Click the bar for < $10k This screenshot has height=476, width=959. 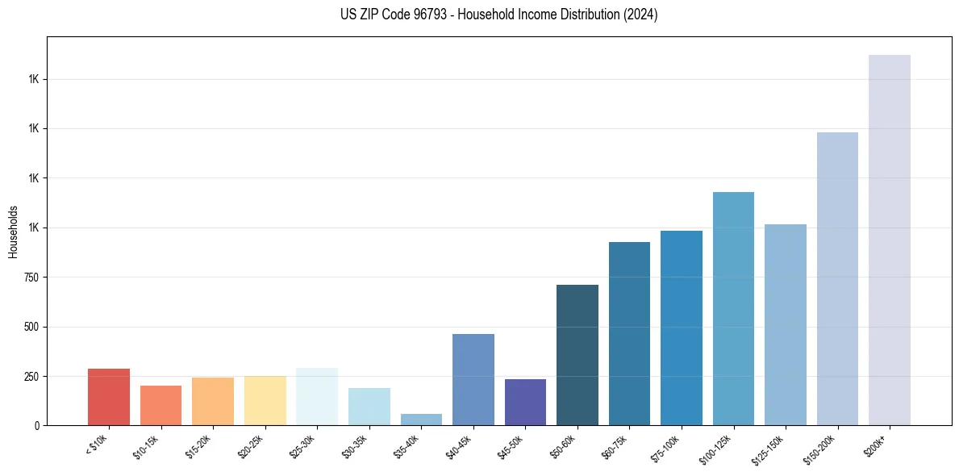click(109, 397)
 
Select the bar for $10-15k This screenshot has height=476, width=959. click(161, 405)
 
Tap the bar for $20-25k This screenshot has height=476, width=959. click(265, 400)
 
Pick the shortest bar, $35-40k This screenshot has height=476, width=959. click(421, 420)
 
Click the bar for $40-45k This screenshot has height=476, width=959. click(473, 379)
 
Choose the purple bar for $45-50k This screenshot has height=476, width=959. click(525, 402)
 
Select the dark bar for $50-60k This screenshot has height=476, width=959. click(577, 355)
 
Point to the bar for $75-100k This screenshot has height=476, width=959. click(681, 328)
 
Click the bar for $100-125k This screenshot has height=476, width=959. click(733, 308)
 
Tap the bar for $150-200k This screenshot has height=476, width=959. click(837, 278)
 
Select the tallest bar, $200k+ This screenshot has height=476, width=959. click(889, 240)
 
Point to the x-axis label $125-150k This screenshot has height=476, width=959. click(771, 446)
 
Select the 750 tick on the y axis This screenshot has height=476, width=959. click(30, 278)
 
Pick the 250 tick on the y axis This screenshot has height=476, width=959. click(30, 377)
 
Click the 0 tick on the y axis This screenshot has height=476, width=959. click(36, 426)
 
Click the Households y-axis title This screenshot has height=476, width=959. click(13, 232)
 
